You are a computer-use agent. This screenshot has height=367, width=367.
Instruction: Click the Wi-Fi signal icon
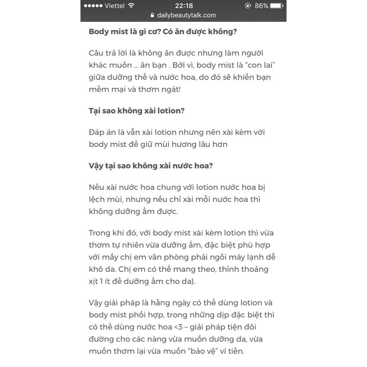point(132,6)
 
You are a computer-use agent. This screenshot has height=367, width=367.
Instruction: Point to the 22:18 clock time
point(183,6)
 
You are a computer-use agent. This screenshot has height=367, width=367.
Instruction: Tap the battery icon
point(276,6)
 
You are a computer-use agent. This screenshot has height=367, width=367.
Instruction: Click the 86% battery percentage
point(261,6)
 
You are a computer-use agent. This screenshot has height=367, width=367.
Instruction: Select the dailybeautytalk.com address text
point(186,15)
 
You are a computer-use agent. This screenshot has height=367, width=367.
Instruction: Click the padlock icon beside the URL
point(153,15)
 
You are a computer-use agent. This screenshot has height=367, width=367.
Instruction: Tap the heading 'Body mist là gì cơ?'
point(125,31)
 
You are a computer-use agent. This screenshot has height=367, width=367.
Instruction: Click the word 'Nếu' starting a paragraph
point(96,187)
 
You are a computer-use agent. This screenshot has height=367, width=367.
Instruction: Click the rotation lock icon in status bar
point(248,6)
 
